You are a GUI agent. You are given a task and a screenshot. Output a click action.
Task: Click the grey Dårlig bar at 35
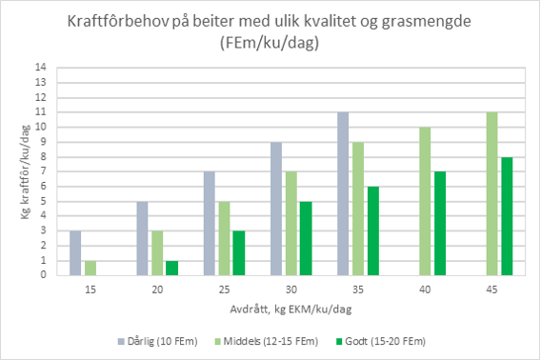[x=343, y=193]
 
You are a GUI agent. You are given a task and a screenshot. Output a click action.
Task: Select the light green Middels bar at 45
[x=491, y=193]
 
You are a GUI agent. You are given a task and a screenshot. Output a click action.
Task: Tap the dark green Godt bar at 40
[x=439, y=223]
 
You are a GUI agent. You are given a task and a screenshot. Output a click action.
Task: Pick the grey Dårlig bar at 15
[x=75, y=252]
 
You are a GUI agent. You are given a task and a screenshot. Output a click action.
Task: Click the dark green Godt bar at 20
[x=171, y=268]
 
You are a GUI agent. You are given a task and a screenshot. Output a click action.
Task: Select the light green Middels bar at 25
[x=224, y=238]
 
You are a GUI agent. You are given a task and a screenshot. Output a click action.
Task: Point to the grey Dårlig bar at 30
[x=275, y=208]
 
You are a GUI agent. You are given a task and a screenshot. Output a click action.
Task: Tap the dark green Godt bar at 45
[x=506, y=215]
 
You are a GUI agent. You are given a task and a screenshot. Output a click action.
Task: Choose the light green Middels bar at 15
[x=90, y=268]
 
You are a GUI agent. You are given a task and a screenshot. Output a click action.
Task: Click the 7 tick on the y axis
[x=42, y=171]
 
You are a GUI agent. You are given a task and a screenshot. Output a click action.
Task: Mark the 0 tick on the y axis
[x=42, y=275]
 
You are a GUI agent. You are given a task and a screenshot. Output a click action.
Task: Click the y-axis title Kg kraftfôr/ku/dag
[x=16, y=171]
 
